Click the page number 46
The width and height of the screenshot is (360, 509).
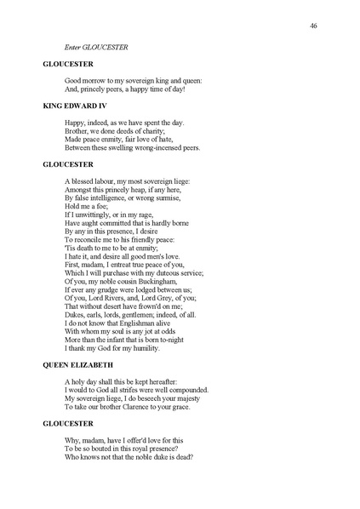[313, 26]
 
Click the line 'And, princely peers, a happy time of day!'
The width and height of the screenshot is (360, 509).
[124, 89]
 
